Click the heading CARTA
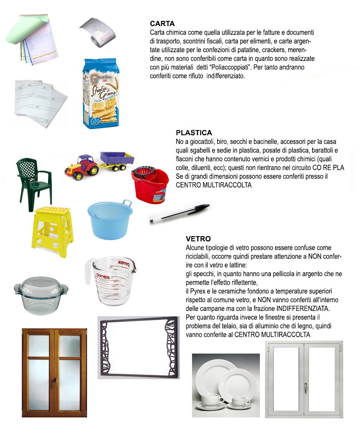pos(162,24)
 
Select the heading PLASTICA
pos(194,133)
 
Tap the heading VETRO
pos(198,239)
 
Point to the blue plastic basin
pos(109,220)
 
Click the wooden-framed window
pos(55,372)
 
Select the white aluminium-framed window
pos(304,379)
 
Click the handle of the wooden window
pos(55,383)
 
